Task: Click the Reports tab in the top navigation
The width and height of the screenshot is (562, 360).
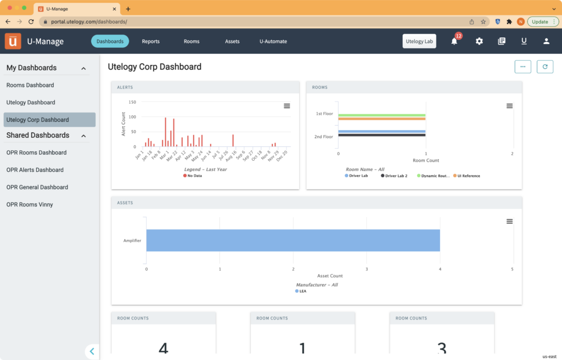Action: coord(150,41)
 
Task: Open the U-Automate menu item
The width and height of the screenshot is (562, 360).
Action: coord(273,41)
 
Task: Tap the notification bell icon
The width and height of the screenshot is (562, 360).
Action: coord(454,41)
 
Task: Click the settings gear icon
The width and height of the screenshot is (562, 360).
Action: coord(479,41)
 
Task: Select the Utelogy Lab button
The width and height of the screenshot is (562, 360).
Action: coord(419,41)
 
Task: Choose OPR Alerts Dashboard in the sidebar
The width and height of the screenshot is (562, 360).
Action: coord(35,170)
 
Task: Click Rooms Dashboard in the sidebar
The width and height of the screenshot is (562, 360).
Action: coord(30,85)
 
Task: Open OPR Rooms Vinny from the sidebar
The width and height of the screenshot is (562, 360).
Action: coord(30,205)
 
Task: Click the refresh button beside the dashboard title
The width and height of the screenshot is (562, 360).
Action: coord(544,66)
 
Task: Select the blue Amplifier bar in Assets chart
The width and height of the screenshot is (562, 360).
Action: coord(293,240)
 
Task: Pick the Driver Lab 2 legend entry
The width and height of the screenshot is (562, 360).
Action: coord(396,176)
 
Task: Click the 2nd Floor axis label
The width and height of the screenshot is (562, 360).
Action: coord(324,137)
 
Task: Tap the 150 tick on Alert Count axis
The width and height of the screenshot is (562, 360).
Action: coord(132,102)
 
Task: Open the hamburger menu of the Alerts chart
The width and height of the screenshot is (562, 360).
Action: coord(287,106)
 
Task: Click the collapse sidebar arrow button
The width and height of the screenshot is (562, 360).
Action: coord(92,351)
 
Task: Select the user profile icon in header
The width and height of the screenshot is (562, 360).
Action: coord(546,41)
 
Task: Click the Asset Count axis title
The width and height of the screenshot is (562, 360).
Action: coord(330,275)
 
